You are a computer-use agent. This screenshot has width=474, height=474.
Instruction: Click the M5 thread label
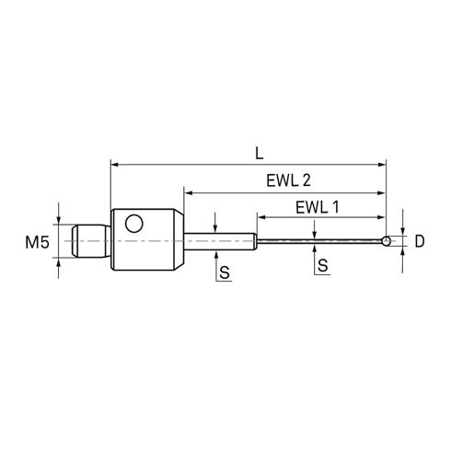tap(37, 242)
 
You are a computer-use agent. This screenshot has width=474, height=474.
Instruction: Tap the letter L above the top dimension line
tap(260, 153)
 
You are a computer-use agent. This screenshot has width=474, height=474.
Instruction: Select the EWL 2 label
tap(288, 180)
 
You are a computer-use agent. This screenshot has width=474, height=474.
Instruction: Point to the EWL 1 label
tap(318, 207)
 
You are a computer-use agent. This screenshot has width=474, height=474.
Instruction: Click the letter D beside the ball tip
tap(420, 241)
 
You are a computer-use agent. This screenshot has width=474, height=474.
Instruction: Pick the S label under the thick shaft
tap(225, 272)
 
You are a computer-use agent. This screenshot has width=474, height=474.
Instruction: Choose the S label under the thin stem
tap(323, 265)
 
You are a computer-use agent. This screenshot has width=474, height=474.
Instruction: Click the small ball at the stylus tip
tap(387, 241)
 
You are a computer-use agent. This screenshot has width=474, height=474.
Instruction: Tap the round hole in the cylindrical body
tap(134, 224)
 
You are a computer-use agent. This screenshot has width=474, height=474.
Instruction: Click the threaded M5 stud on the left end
tap(91, 241)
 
